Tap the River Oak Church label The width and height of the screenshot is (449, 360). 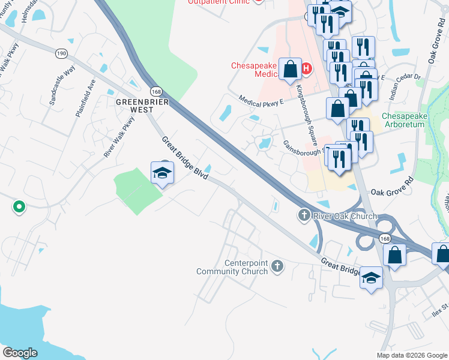point(345,216)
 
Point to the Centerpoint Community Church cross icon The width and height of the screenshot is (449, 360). point(277,265)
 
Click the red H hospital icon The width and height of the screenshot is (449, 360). point(306,68)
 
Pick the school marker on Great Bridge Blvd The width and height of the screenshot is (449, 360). point(161,173)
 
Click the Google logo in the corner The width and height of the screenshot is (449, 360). point(20,352)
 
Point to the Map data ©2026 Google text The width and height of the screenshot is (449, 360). point(412,355)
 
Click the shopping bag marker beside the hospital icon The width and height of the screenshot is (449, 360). point(291,70)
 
